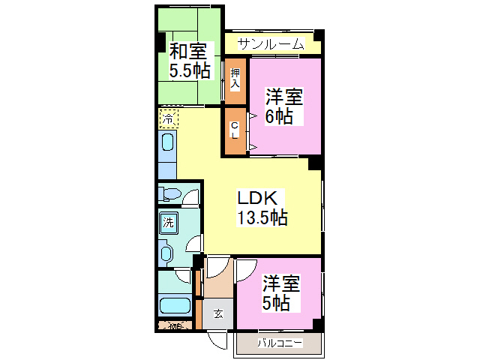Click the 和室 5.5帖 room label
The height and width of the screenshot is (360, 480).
click(x=188, y=61)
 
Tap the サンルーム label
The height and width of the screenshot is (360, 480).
click(x=271, y=44)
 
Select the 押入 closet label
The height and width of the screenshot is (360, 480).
click(x=235, y=78)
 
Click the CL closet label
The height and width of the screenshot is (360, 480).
click(x=235, y=130)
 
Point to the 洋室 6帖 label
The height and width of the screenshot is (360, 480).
click(x=284, y=107)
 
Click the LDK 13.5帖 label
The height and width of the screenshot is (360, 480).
click(x=261, y=208)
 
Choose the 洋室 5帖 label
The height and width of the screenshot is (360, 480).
click(x=281, y=293)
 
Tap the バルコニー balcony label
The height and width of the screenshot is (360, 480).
click(x=280, y=343)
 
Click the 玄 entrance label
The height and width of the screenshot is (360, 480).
click(x=217, y=313)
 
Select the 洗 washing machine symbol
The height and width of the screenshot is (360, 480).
click(x=169, y=222)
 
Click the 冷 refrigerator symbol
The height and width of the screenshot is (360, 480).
click(x=169, y=118)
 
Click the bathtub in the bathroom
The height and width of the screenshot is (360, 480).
click(x=175, y=306)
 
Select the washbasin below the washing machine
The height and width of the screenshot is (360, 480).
click(x=166, y=253)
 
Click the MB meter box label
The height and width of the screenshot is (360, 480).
click(x=175, y=326)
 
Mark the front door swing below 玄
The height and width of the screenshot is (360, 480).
click(x=218, y=340)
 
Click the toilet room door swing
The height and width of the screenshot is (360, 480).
click(x=193, y=198)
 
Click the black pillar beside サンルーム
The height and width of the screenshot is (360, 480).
click(x=319, y=36)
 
